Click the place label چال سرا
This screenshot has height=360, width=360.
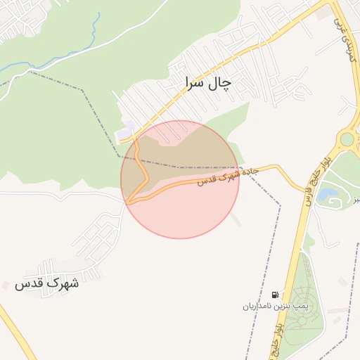207,83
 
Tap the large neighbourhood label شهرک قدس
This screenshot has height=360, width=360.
47,283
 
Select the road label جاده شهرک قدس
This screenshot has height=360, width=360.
227,176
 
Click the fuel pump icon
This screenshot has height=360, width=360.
274,295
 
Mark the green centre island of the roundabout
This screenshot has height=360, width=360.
349,139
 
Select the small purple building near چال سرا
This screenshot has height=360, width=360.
126,131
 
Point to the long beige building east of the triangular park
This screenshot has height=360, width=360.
338,309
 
